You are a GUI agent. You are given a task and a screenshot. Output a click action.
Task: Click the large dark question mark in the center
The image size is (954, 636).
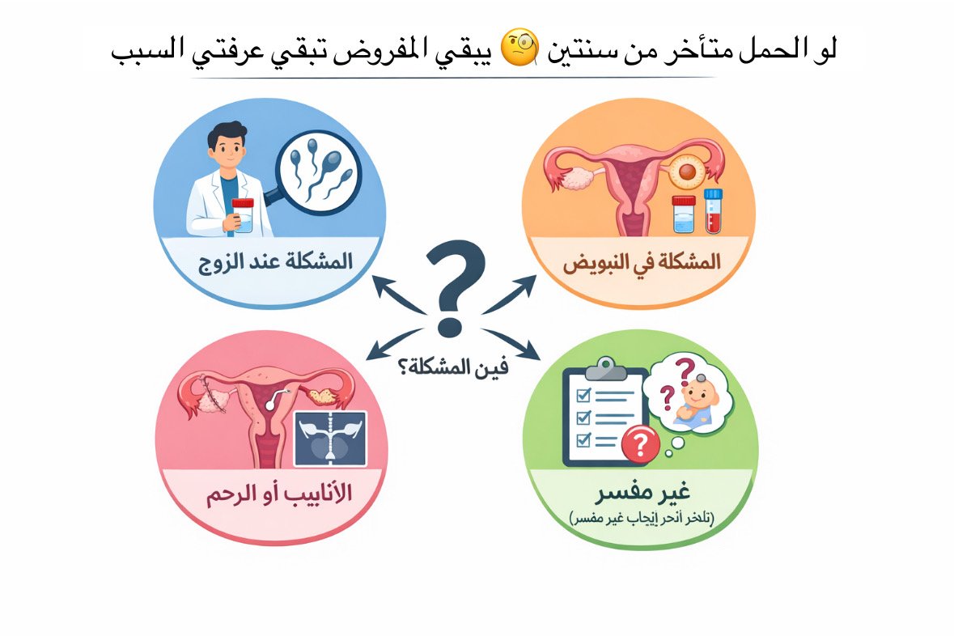[455, 287]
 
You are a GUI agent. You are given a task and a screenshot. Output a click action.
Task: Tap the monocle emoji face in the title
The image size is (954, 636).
[518, 51]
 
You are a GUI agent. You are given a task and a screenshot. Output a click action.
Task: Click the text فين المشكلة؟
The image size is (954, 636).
[453, 367]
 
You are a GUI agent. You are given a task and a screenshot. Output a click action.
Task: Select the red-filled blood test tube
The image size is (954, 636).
[712, 212]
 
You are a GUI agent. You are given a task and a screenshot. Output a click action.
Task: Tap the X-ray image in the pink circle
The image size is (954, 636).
[330, 438]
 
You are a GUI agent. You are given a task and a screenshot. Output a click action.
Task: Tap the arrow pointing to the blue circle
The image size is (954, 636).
[394, 295]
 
